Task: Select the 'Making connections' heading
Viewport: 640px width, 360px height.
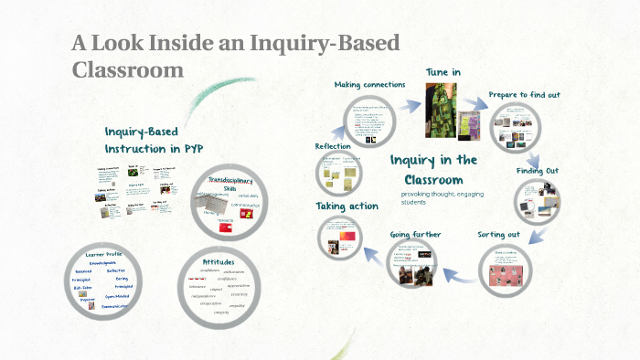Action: [369, 85]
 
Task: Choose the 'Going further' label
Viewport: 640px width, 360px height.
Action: [415, 235]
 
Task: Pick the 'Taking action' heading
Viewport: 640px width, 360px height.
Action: [347, 206]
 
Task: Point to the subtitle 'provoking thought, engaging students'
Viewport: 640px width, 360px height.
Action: [442, 198]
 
